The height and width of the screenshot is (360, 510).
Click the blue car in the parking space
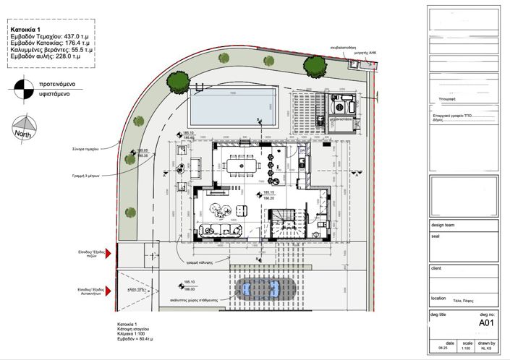tap(261, 289)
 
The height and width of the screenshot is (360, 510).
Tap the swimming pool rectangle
tap(234, 106)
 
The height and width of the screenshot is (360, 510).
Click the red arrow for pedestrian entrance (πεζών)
tap(109, 254)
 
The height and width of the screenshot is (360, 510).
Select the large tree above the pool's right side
tap(313, 67)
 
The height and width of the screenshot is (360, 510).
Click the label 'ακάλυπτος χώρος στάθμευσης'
tap(200, 297)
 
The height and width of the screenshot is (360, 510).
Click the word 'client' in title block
tap(437, 268)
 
